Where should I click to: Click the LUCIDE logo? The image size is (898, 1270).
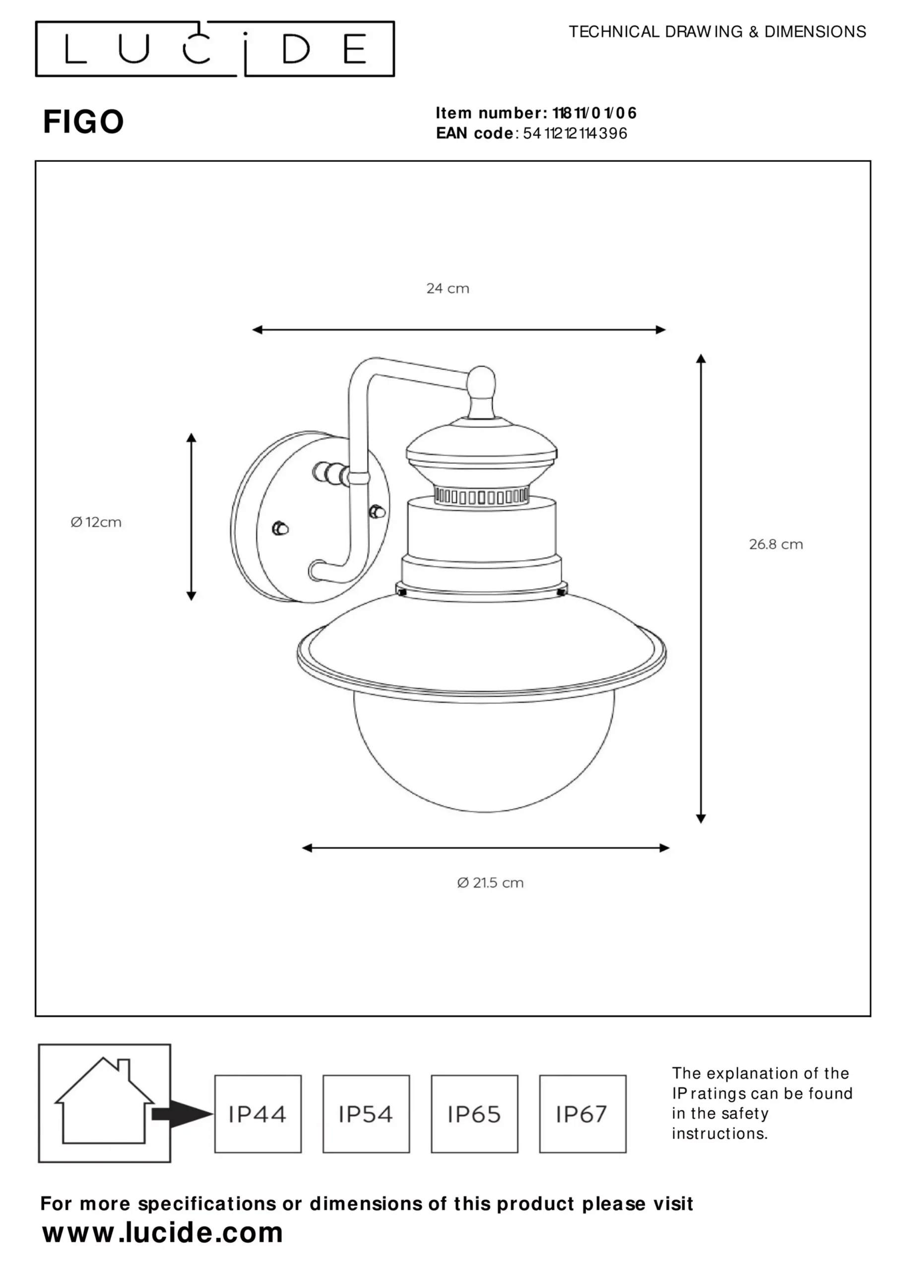click(x=215, y=49)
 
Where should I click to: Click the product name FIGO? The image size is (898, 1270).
click(x=83, y=122)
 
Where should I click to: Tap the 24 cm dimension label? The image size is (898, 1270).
click(x=448, y=288)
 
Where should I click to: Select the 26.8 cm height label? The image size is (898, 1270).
click(x=776, y=544)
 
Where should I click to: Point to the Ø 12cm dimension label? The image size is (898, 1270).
click(x=96, y=522)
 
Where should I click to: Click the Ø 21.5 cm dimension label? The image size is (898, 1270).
click(x=490, y=883)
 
